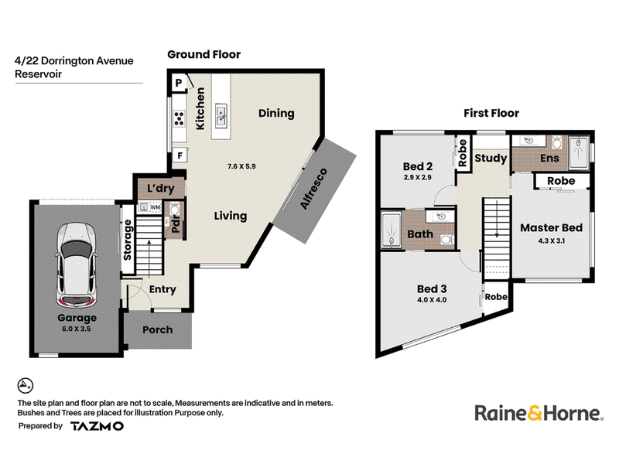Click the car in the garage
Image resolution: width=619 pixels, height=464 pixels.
tap(76, 266)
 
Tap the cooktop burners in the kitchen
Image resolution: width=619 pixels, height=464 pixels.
tap(180, 118)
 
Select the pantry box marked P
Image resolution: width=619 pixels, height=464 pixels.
tap(179, 83)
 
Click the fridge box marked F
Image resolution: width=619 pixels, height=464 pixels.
tap(180, 155)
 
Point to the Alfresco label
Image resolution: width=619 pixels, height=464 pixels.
tap(314, 188)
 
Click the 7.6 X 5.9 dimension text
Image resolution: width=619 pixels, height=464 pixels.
tap(241, 166)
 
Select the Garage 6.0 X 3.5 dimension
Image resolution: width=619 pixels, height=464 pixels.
tap(77, 329)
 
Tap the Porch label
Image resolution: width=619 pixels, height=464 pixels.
tap(158, 330)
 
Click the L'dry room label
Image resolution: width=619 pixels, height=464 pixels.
tap(161, 188)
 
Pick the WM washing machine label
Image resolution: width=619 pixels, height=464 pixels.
tap(156, 207)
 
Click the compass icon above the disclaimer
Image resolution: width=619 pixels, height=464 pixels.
tap(26, 385)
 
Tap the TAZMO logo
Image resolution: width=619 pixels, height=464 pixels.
tap(97, 426)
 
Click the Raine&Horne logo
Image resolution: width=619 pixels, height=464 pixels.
tap(539, 413)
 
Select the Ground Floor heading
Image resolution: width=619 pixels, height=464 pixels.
tap(204, 54)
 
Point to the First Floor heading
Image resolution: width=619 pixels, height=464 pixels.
tap(491, 113)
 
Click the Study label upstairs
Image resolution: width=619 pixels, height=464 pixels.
tap(491, 159)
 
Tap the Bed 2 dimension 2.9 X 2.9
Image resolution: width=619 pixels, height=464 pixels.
tap(418, 178)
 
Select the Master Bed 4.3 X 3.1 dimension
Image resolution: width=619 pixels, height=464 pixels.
tap(552, 241)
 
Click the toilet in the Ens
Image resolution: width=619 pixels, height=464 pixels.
tap(557, 142)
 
